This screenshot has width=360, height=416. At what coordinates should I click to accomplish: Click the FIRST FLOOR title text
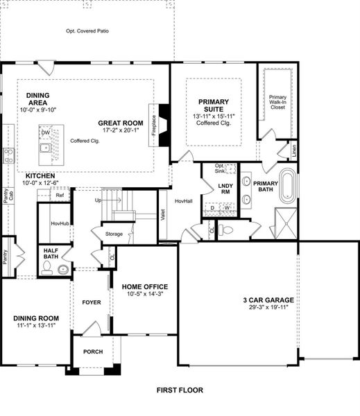[x=180, y=390]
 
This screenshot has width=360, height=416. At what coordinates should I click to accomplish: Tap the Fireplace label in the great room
[x=154, y=125]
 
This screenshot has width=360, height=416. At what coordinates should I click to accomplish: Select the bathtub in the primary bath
[x=288, y=185]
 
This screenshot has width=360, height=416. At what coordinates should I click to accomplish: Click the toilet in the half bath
[x=46, y=268]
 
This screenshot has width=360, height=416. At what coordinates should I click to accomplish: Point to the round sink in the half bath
[x=63, y=270]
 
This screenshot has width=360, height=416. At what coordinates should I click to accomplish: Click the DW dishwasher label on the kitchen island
[x=46, y=132]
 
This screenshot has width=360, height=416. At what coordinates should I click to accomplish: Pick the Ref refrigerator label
[x=60, y=196]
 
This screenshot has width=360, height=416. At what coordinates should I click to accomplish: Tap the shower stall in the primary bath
[x=286, y=223]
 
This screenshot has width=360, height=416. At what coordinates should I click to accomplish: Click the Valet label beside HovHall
[x=163, y=215]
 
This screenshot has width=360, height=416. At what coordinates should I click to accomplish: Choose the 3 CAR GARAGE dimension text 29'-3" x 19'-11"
[x=268, y=307]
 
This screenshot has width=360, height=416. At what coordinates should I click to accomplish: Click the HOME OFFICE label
[x=145, y=287]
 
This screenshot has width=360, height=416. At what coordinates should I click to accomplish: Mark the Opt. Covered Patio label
[x=87, y=31]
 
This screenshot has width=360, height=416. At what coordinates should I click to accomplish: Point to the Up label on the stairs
[x=98, y=200]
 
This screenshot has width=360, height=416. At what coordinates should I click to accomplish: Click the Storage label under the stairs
[x=114, y=234]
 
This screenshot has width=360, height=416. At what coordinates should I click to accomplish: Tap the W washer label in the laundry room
[x=227, y=208]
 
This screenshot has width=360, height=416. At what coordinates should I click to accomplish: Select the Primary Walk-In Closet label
[x=277, y=102]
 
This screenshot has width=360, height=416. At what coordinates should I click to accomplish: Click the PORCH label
[x=93, y=352]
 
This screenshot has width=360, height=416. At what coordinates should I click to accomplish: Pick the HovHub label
[x=60, y=224]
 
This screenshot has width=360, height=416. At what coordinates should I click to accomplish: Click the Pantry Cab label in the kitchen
[x=8, y=196]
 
